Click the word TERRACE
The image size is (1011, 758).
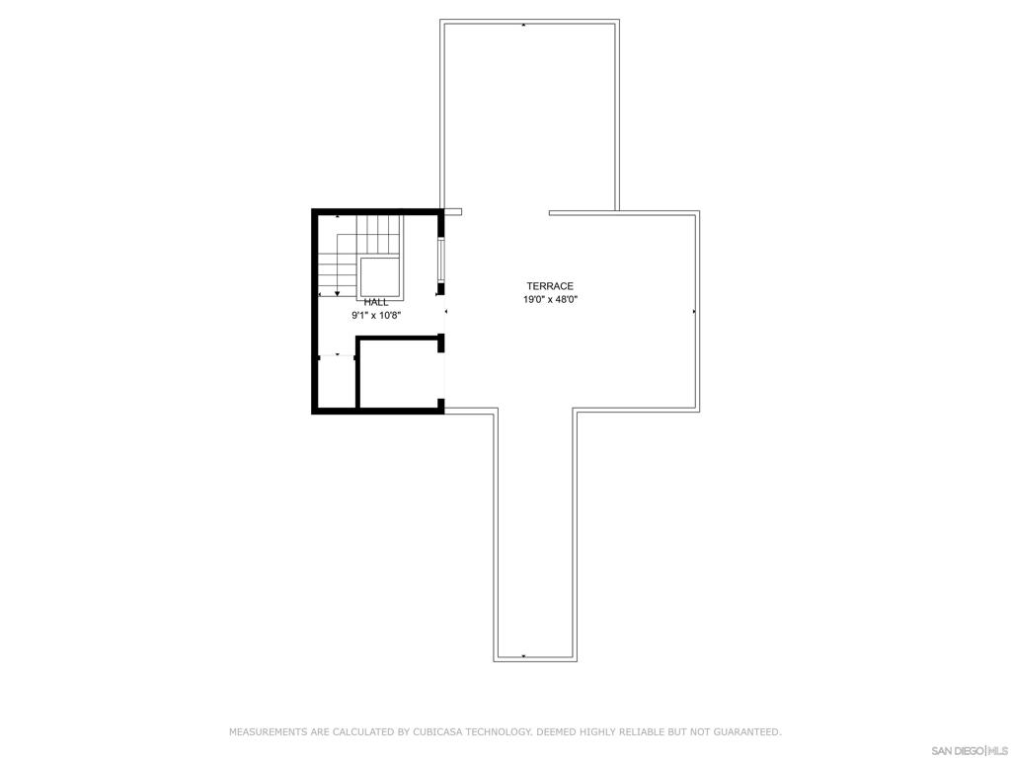coord(550,285)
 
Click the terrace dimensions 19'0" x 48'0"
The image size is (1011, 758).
coord(550,299)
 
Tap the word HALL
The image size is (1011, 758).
coord(376,302)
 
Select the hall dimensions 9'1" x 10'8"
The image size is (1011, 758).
coord(376,316)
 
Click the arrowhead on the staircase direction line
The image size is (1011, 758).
coord(338,293)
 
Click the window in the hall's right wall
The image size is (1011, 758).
coord(442,259)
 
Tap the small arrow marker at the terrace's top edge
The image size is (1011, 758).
coord(523,25)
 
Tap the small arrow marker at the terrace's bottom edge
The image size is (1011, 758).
coord(523,656)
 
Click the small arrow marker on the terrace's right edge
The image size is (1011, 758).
coord(694,311)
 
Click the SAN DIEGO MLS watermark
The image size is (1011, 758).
coord(970,750)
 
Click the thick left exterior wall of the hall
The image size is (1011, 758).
coord(315,311)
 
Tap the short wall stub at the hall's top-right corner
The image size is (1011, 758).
coord(453,211)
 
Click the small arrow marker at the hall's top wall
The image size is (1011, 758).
coord(338,215)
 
